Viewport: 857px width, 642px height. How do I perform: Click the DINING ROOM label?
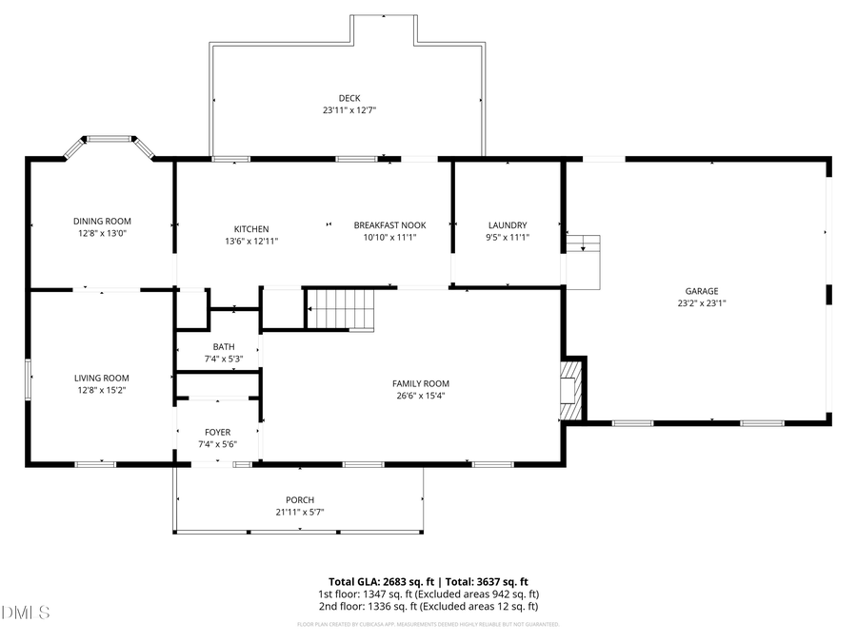click(x=102, y=221)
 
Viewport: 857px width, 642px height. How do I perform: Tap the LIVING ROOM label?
click(x=102, y=378)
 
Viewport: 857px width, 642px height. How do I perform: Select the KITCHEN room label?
click(x=251, y=229)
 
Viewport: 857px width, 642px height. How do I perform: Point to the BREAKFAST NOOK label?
click(x=389, y=225)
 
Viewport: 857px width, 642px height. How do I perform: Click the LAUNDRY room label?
click(x=507, y=225)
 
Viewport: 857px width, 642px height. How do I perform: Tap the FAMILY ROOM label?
click(x=420, y=383)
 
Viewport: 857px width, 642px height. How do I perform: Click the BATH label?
click(x=224, y=347)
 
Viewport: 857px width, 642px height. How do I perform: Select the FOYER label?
click(x=216, y=433)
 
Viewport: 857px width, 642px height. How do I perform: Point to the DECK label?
click(x=349, y=98)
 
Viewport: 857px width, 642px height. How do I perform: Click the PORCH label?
click(x=300, y=500)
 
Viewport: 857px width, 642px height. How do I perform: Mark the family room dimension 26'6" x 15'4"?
click(x=420, y=396)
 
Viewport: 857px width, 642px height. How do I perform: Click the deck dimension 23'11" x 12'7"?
click(x=349, y=110)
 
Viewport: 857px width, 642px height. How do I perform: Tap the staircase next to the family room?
click(x=342, y=310)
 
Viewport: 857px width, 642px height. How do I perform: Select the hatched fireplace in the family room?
click(x=571, y=389)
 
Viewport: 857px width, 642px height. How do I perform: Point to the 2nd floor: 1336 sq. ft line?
click(x=428, y=606)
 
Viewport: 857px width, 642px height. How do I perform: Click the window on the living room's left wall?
click(x=29, y=379)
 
